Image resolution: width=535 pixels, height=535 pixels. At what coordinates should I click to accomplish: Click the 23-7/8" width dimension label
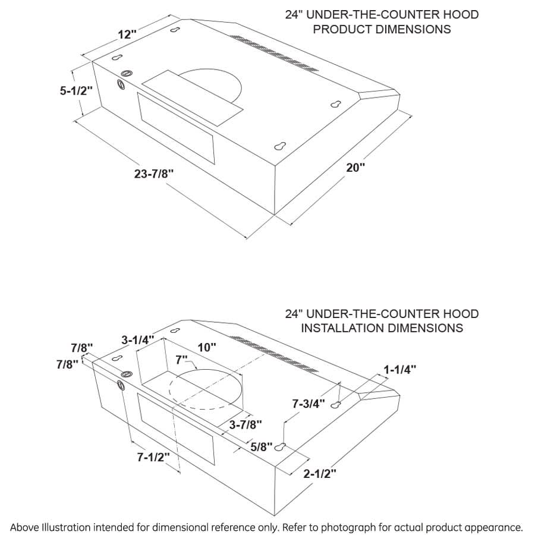(154, 174)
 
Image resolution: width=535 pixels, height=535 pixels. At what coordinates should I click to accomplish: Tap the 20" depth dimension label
(355, 168)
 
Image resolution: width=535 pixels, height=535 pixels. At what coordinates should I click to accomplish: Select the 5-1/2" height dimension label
(76, 91)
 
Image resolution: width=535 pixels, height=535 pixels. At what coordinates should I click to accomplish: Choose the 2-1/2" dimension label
(320, 474)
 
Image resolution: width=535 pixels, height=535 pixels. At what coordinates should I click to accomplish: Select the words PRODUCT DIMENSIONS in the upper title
(382, 29)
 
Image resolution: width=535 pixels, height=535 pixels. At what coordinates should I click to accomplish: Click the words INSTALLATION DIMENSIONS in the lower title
(382, 328)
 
